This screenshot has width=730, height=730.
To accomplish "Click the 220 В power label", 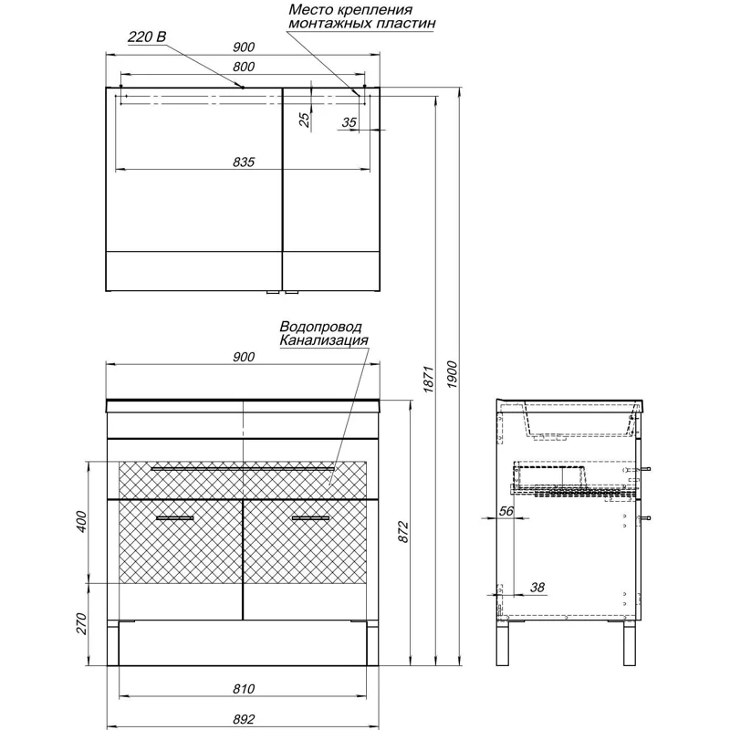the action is (x=147, y=36).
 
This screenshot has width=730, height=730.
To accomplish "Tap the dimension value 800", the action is (x=244, y=67).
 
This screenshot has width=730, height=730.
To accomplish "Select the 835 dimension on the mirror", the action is (x=244, y=162).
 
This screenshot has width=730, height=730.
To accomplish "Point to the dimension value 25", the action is (x=304, y=120).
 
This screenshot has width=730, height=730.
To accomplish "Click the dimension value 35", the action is (x=349, y=122).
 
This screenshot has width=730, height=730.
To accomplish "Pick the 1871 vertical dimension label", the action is (x=429, y=379).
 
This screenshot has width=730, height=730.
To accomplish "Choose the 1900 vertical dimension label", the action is (x=452, y=374).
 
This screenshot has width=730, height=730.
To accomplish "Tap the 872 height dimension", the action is (x=403, y=532).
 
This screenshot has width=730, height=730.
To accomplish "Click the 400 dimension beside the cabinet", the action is (x=81, y=521).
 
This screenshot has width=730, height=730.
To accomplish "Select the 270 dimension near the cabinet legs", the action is (x=81, y=623).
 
